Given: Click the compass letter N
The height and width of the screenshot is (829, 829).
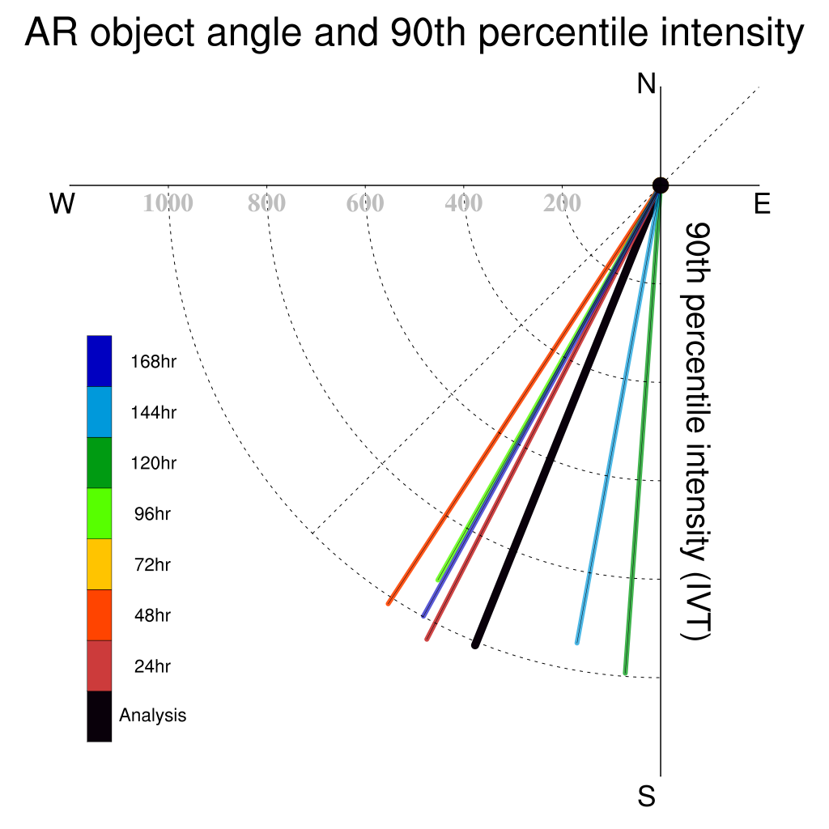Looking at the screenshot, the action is pyautogui.click(x=646, y=84).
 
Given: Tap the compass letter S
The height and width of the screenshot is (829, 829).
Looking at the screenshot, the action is pyautogui.click(x=646, y=796).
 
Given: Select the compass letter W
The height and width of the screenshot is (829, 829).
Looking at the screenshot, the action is pyautogui.click(x=62, y=203).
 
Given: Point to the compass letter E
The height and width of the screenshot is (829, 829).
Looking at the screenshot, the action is pyautogui.click(x=762, y=203).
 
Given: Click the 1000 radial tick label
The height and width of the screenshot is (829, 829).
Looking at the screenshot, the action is pyautogui.click(x=168, y=203).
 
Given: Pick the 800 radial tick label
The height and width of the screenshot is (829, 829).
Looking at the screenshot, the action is pyautogui.click(x=267, y=203).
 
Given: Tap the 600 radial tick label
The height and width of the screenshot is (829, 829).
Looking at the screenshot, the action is pyautogui.click(x=365, y=203).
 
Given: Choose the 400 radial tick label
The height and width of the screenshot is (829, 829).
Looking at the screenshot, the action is pyautogui.click(x=464, y=203).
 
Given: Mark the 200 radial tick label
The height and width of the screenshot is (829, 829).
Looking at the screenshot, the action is pyautogui.click(x=562, y=203).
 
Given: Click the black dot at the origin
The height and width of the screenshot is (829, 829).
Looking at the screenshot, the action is pyautogui.click(x=661, y=185).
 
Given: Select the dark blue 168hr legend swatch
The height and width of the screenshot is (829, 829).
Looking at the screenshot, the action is pyautogui.click(x=100, y=361).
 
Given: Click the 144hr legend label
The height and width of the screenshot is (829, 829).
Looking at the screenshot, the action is pyautogui.click(x=153, y=412).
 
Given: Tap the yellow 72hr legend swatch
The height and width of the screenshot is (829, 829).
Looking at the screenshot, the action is pyautogui.click(x=100, y=564).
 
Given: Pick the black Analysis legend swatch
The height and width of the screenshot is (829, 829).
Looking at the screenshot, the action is pyautogui.click(x=100, y=716).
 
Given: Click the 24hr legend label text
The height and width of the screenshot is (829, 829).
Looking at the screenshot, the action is pyautogui.click(x=152, y=666).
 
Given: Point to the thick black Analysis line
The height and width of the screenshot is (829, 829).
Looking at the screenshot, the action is pyautogui.click(x=568, y=415).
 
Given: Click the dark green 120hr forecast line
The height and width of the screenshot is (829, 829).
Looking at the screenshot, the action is pyautogui.click(x=643, y=430).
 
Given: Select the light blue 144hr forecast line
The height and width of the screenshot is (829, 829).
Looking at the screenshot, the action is pyautogui.click(x=619, y=414).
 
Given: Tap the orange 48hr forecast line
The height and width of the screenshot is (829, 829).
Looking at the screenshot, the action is pyautogui.click(x=524, y=394).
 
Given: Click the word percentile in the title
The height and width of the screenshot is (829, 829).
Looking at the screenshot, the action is pyautogui.click(x=563, y=32).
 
